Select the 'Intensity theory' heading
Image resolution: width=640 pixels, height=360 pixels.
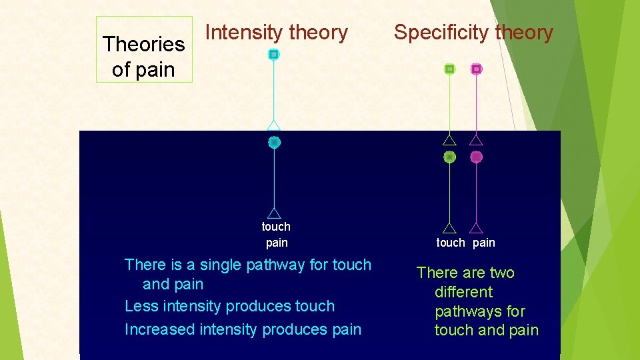tap(277, 32)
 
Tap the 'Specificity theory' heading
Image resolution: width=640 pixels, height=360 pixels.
tap(473, 32)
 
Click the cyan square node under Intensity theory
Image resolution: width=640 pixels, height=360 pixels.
tap(273, 54)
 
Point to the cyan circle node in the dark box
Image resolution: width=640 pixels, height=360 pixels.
tap(274, 142)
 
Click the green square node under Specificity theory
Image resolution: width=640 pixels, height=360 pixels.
tap(450, 69)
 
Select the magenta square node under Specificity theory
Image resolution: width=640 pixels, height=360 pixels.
tap(476, 69)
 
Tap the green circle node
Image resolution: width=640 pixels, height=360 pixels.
tap(450, 157)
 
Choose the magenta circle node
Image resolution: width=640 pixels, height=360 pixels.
tap(476, 157)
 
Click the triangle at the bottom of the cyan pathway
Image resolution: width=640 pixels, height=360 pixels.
tap(273, 213)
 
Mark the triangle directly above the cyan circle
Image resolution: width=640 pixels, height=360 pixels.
tap(273, 126)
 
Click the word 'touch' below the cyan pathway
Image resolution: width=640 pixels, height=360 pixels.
tap(276, 227)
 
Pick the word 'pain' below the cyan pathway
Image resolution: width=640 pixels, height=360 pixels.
tap(277, 243)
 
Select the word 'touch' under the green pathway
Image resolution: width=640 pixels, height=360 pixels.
tap(451, 243)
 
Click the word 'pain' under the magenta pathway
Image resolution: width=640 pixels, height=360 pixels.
tap(484, 243)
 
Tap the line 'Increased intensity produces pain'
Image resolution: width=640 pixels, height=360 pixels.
tap(243, 329)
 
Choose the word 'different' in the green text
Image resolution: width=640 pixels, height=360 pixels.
tap(463, 292)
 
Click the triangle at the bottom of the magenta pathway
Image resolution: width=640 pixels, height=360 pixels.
tap(476, 228)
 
